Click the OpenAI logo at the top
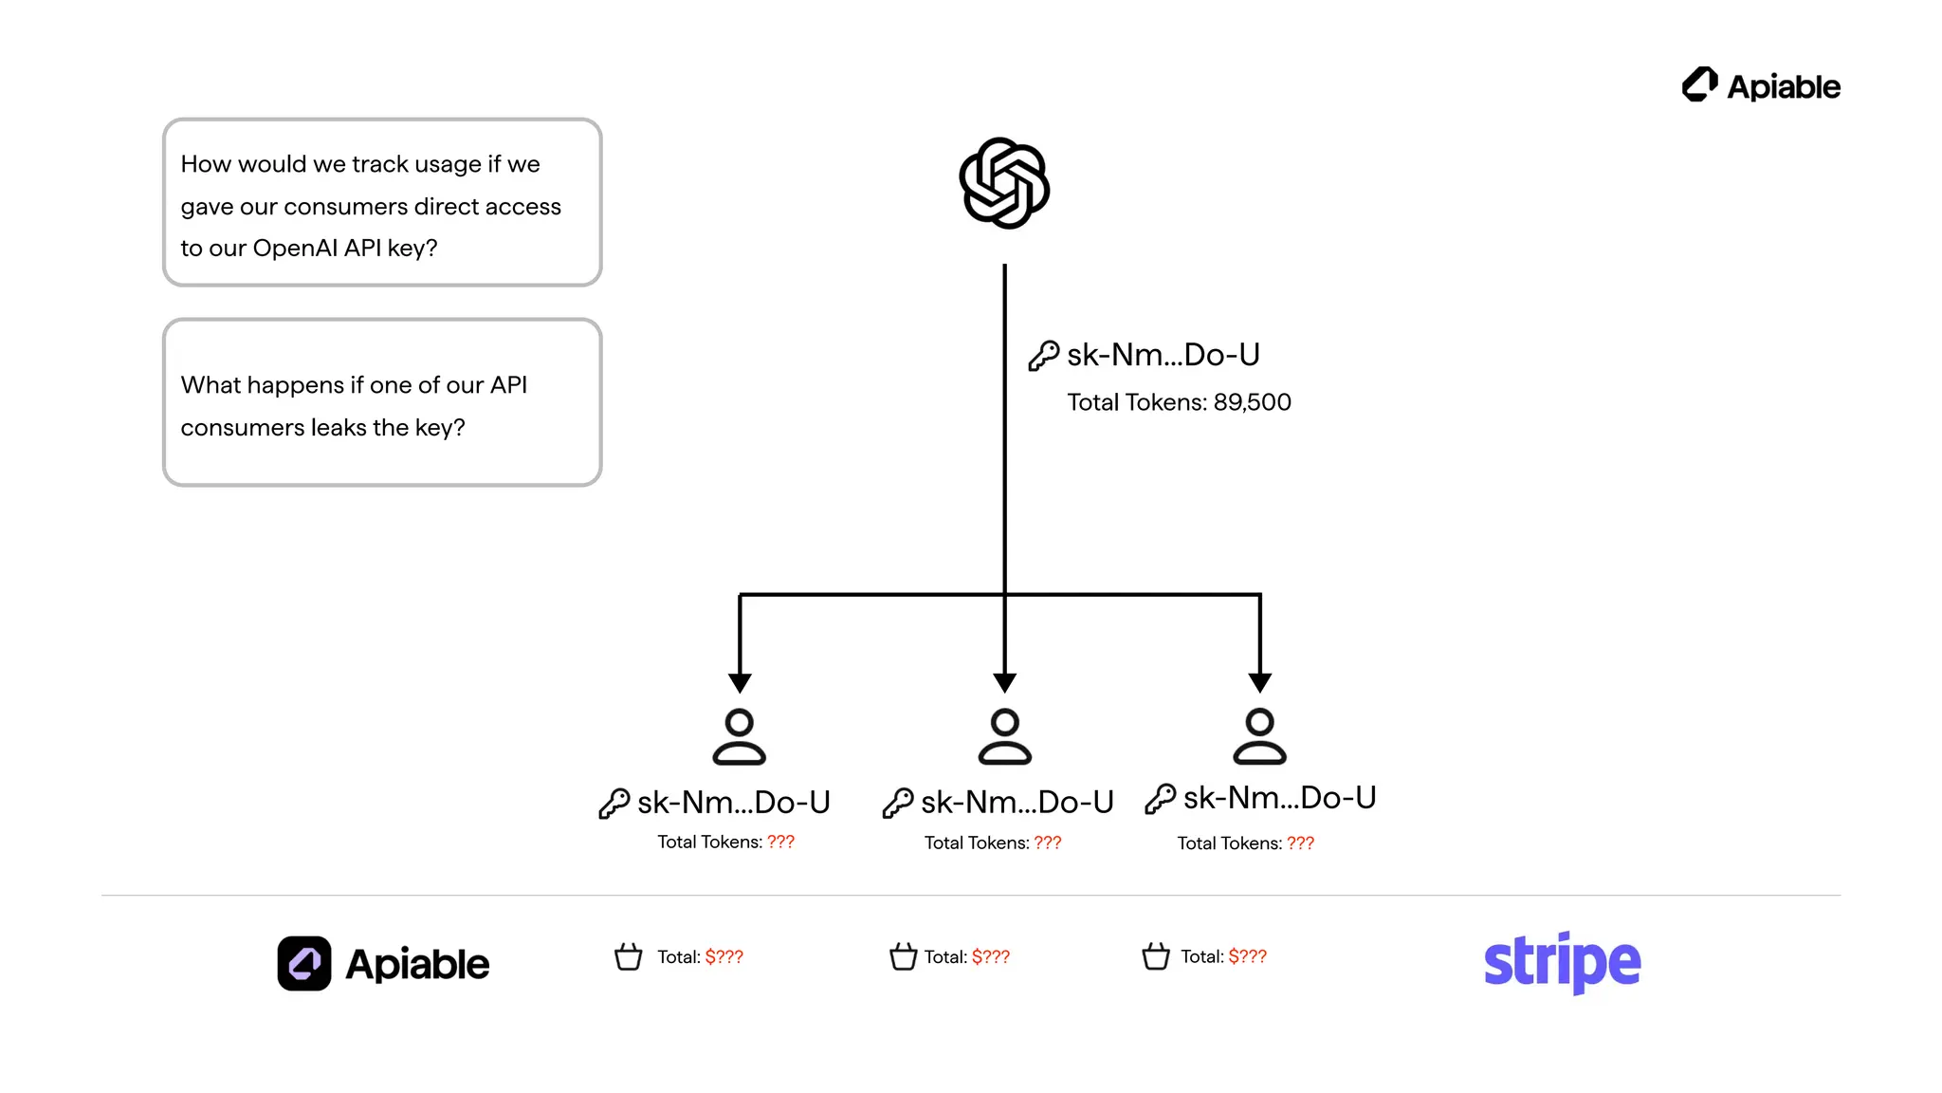pyautogui.click(x=1004, y=183)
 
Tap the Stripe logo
pyautogui.click(x=1562, y=962)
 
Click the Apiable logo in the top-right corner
pyautogui.click(x=1761, y=85)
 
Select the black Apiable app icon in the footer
pyautogui.click(x=304, y=963)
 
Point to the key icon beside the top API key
pyautogui.click(x=1043, y=356)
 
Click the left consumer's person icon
pyautogui.click(x=739, y=736)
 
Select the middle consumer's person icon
pyautogui.click(x=1004, y=736)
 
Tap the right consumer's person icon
pyautogui.click(x=1259, y=736)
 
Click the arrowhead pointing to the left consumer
pyautogui.click(x=740, y=682)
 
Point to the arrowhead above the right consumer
pyautogui.click(x=1259, y=682)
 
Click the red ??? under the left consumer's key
pyautogui.click(x=780, y=842)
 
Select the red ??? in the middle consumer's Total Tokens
pyautogui.click(x=1047, y=843)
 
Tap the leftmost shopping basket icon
pyautogui.click(x=628, y=956)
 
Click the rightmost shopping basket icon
pyautogui.click(x=1155, y=956)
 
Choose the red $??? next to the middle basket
pyautogui.click(x=990, y=956)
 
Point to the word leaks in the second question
pyautogui.click(x=339, y=428)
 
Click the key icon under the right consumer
pyautogui.click(x=1160, y=799)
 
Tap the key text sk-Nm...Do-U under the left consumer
pyautogui.click(x=733, y=803)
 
